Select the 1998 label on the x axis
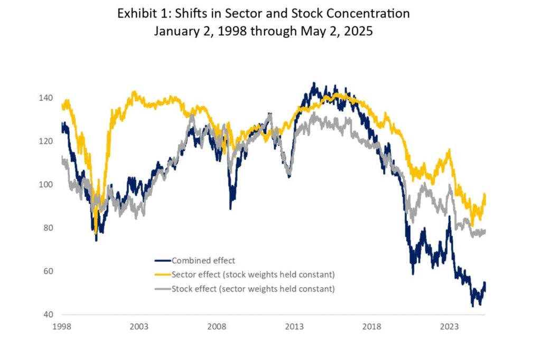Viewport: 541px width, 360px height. pos(62,326)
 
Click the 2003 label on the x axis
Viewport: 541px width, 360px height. pos(139,326)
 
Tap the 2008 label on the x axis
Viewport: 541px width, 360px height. pos(217,326)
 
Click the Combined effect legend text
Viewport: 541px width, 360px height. pos(203,260)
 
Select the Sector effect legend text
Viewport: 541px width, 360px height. pos(253,274)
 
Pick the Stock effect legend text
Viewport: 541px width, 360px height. pos(253,289)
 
